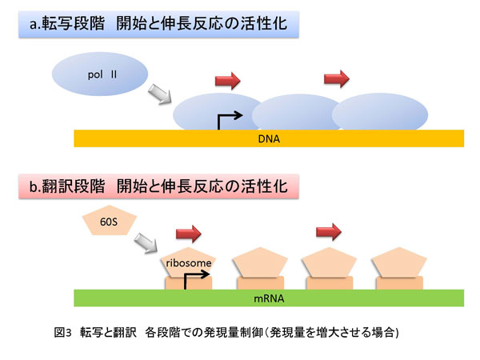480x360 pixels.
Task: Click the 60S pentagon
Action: pos(111,221)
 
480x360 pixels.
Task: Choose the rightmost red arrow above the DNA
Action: pos(336,78)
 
